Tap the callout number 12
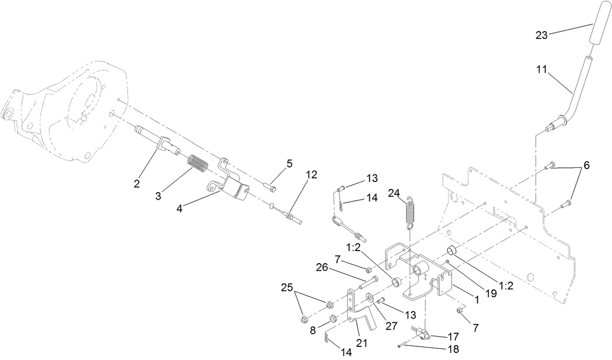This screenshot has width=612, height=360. point(311,175)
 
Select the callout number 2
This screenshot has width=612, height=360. point(137,183)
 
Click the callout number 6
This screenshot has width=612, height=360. point(586,165)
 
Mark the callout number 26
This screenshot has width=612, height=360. point(323,268)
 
